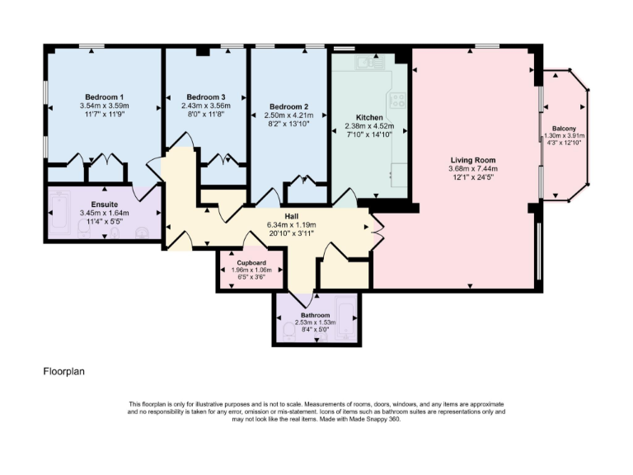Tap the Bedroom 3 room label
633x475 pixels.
click(x=206, y=96)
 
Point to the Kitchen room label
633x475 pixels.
click(x=369, y=117)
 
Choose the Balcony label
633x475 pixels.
click(x=564, y=128)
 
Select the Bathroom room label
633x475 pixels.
click(x=315, y=315)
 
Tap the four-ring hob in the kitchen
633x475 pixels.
click(x=399, y=101)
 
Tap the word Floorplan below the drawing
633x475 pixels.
click(x=63, y=372)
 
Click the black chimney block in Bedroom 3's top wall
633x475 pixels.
click(x=202, y=52)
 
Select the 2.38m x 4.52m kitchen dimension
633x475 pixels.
click(x=369, y=126)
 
